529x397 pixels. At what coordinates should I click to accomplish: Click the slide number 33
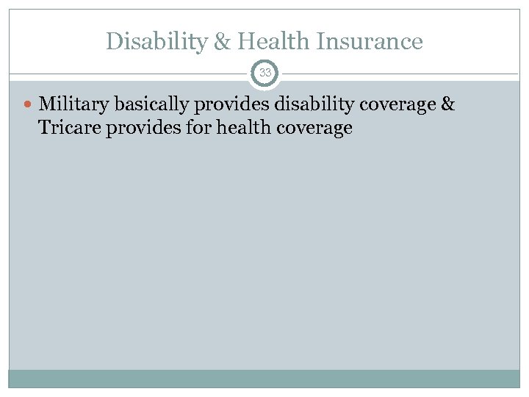point(264,73)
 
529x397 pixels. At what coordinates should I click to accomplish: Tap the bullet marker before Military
point(28,106)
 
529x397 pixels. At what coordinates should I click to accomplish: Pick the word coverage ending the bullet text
point(312,128)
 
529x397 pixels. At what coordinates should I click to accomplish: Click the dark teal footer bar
point(264,378)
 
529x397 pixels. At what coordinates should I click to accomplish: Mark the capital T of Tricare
point(43,128)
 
